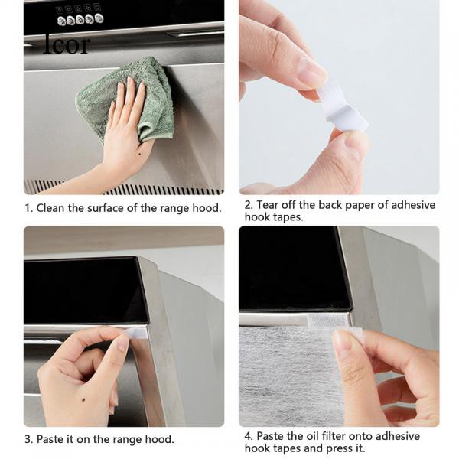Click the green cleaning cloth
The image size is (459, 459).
click(126, 96)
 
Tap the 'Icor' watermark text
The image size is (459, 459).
click(67, 44)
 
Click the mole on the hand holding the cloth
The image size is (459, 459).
click(138, 154)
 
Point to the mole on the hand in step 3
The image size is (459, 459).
click(83, 398)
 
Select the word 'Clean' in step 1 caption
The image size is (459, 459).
click(50, 208)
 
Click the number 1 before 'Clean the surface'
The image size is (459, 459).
click(28, 208)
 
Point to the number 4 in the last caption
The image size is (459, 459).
click(248, 436)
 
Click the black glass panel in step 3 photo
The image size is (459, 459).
click(85, 290)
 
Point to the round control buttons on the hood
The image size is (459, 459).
click(80, 20)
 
